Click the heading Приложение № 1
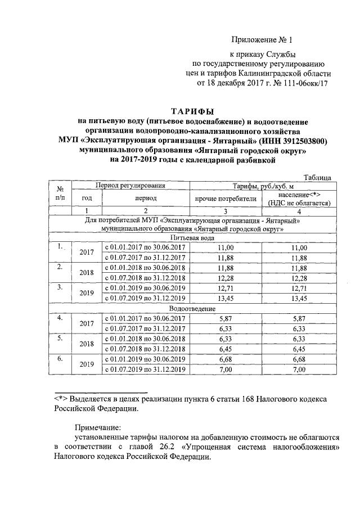click(262, 40)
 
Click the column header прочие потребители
click(225, 198)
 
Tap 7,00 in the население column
click(299, 369)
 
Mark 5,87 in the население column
click(299, 318)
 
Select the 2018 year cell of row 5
click(86, 344)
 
